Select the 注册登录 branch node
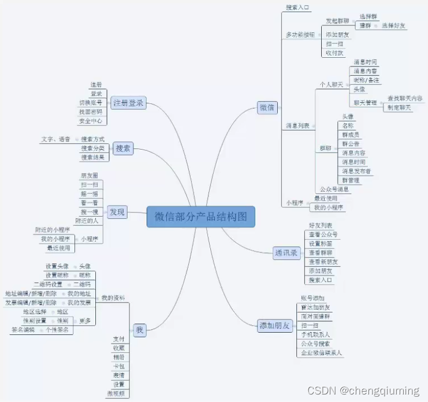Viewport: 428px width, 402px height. click(x=128, y=103)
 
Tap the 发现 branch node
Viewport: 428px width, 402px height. click(x=117, y=212)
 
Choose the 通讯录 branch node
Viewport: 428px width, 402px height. click(x=286, y=252)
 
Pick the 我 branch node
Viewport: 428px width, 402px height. click(x=139, y=330)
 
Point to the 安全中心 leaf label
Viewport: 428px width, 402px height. click(x=91, y=121)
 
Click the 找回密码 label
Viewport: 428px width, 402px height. click(x=91, y=112)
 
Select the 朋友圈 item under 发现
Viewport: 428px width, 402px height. click(x=89, y=175)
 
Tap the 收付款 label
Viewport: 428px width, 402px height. click(x=334, y=53)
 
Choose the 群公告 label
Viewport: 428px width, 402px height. click(x=351, y=144)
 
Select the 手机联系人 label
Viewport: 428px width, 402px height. click(x=315, y=334)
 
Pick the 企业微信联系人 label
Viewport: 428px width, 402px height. click(x=321, y=352)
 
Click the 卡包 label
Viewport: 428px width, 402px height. click(x=119, y=366)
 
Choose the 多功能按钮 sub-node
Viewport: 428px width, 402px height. click(x=300, y=35)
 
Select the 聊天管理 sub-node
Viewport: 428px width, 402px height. click(x=364, y=103)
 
